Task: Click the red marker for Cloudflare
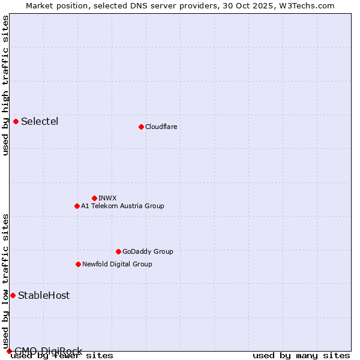[141, 127]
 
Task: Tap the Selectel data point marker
[16, 121]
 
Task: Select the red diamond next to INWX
[94, 198]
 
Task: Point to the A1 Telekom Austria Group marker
[77, 206]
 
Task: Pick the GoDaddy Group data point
[118, 251]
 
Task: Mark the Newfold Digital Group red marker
[78, 264]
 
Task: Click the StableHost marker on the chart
[13, 295]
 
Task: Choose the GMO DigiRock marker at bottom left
[9, 351]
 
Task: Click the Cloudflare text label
[161, 127]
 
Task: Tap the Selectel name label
[40, 121]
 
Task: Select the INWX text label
[107, 198]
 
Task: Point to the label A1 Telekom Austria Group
[122, 206]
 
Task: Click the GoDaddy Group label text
[148, 251]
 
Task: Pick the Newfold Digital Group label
[117, 264]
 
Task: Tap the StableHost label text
[44, 295]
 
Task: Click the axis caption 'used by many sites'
[301, 356]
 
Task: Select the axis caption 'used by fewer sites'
[62, 356]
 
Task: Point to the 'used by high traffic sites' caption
[5, 85]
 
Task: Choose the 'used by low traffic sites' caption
[5, 281]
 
